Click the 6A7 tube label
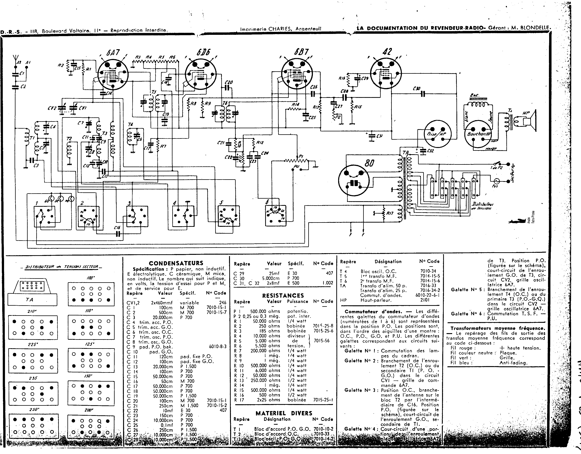pyautogui.click(x=113, y=53)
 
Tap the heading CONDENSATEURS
pyautogui.click(x=176, y=263)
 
